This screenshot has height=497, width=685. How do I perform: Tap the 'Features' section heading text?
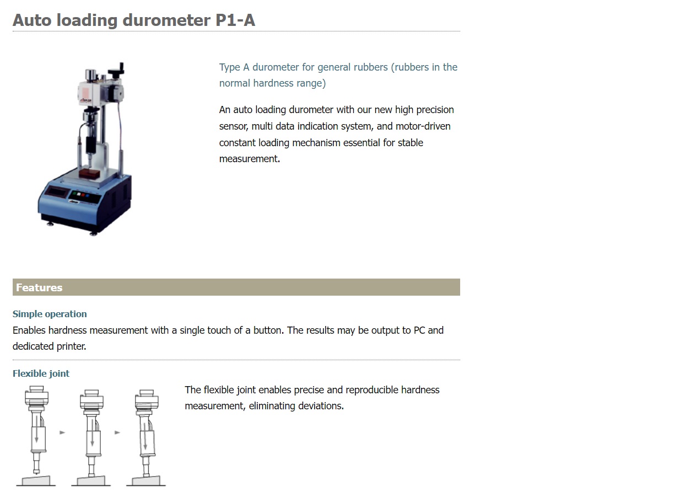coord(39,287)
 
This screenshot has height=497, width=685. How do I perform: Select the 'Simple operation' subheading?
coord(50,314)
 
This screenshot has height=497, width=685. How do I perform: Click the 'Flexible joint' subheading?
coord(41,373)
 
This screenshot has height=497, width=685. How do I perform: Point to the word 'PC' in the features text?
coord(419,330)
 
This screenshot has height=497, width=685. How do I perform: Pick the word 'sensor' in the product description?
coord(234,126)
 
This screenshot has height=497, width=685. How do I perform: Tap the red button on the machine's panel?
coord(80,195)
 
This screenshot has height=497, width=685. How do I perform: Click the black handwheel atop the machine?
coord(117,70)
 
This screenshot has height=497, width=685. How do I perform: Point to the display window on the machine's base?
coord(56,193)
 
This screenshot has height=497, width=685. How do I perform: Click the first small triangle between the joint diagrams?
coord(62,432)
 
